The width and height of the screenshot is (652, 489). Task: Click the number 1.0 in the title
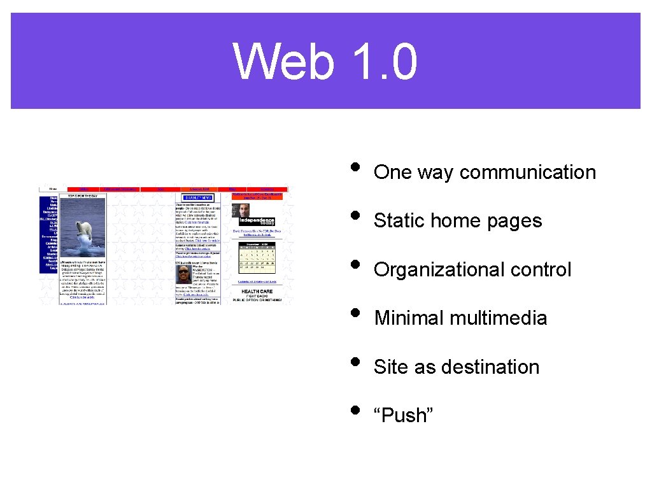[383, 62]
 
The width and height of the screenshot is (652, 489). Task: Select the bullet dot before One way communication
[355, 167]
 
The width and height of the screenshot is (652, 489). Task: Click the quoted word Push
[404, 416]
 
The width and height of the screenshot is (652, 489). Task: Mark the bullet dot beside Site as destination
[355, 362]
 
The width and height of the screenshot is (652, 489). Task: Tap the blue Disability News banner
[197, 198]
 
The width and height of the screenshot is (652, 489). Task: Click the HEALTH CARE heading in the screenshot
[257, 292]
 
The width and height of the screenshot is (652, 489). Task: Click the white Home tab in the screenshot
[53, 189]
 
